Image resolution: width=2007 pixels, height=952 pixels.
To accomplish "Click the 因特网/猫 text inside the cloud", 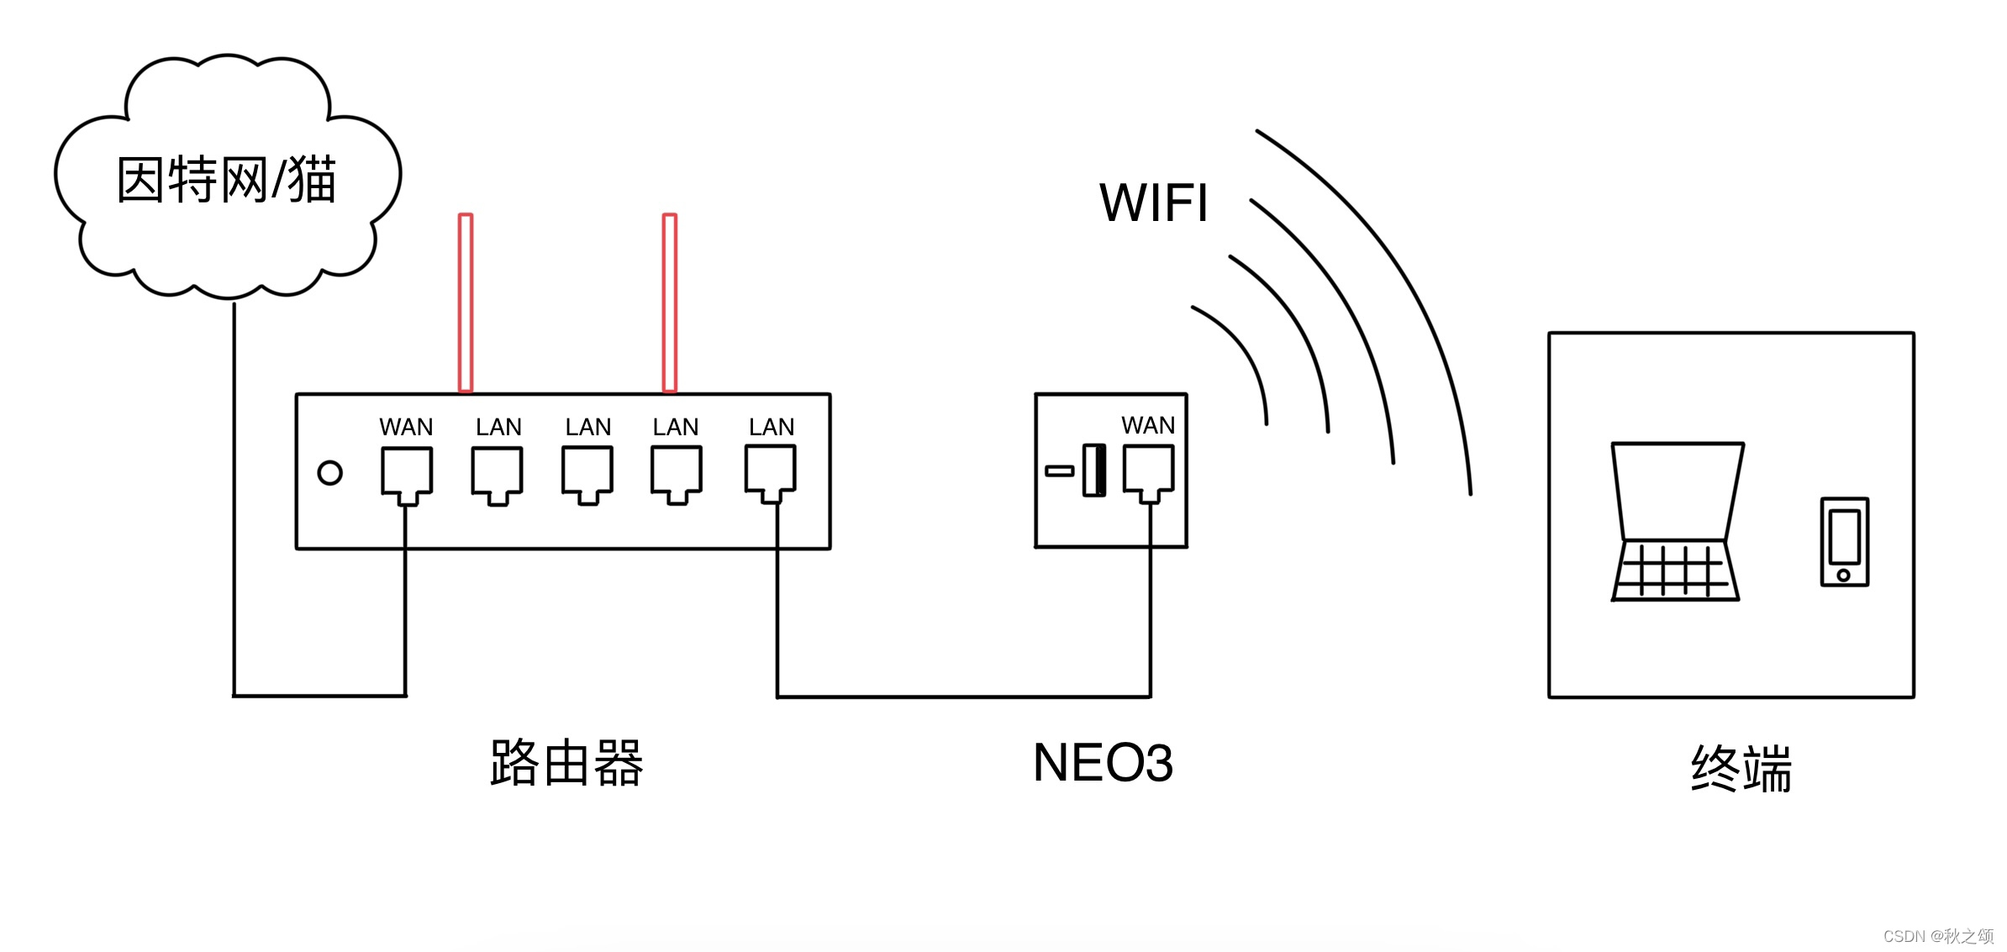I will point(226,180).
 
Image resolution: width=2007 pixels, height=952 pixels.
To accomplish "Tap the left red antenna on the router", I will point(466,302).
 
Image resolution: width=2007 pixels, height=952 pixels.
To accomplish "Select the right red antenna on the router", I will point(670,302).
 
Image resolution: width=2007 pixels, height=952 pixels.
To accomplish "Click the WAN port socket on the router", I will point(407,473).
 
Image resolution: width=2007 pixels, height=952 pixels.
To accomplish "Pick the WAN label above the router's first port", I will point(406,427).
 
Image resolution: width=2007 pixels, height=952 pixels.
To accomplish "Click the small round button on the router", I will point(329,473).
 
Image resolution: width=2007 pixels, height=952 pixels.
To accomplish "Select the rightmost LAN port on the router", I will point(770,472).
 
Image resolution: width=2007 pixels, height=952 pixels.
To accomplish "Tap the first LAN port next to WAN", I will point(497,473).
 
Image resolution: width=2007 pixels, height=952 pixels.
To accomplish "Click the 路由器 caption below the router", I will point(566,763).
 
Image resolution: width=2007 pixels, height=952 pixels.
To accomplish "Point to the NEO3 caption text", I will point(1103,763).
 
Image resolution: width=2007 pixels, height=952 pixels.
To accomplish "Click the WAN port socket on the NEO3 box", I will point(1148,471).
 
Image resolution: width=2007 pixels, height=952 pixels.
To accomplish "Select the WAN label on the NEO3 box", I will point(1148,425).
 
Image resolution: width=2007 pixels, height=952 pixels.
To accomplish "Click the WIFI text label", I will point(1154,202).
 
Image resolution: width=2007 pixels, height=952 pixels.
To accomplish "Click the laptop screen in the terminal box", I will point(1677,492).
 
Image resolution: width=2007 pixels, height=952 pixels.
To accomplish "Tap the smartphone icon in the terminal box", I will point(1844,541).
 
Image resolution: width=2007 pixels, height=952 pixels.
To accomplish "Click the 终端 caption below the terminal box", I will point(1741,768).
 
